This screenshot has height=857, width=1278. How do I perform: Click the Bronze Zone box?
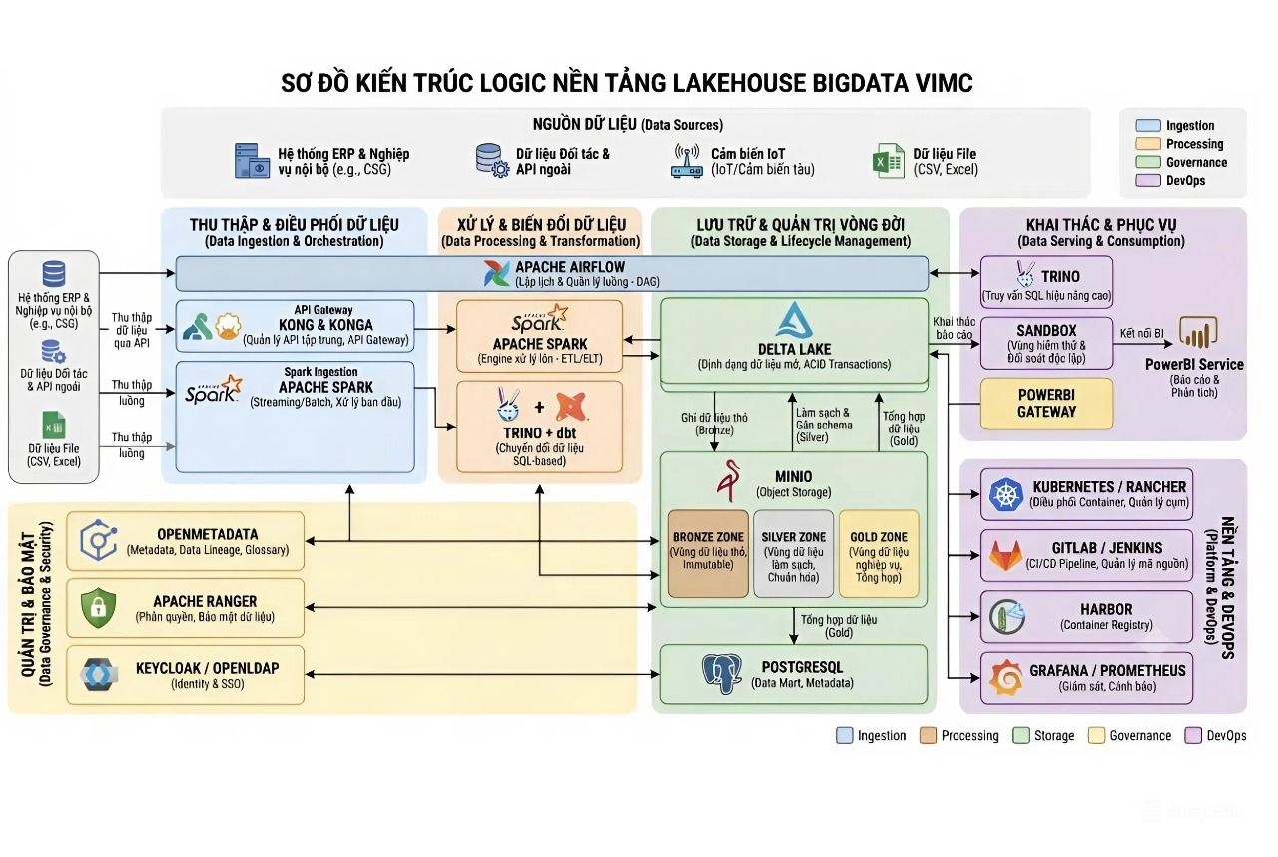coord(708,554)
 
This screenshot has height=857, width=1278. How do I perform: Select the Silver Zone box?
coord(793,554)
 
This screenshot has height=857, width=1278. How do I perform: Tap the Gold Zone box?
coord(879,554)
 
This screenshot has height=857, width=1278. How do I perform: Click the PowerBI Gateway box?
coord(1047,404)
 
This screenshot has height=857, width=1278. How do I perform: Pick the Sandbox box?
coord(1047,343)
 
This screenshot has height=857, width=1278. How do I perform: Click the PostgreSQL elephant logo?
coord(722,674)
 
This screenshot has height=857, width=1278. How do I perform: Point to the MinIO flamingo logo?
coord(729,480)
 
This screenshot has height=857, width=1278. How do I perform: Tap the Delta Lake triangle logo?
coord(794,320)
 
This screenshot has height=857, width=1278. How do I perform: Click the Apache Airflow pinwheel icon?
coord(496,273)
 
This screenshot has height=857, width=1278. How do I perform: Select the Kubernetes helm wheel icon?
coord(1006,494)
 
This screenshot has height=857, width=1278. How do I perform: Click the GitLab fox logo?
coord(1005,556)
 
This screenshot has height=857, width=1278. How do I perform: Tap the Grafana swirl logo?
coord(1006,678)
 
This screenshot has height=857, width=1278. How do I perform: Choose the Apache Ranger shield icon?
coord(98,608)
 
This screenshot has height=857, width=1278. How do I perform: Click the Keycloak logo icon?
coord(99,675)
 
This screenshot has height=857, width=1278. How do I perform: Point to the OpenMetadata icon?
coord(98,540)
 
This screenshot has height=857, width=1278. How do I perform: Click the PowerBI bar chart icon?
coord(1198,332)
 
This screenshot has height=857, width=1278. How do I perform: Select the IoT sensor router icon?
coord(686,161)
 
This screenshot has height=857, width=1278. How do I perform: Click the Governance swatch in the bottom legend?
coord(1096,735)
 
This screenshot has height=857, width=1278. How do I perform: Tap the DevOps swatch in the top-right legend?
coord(1148,181)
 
